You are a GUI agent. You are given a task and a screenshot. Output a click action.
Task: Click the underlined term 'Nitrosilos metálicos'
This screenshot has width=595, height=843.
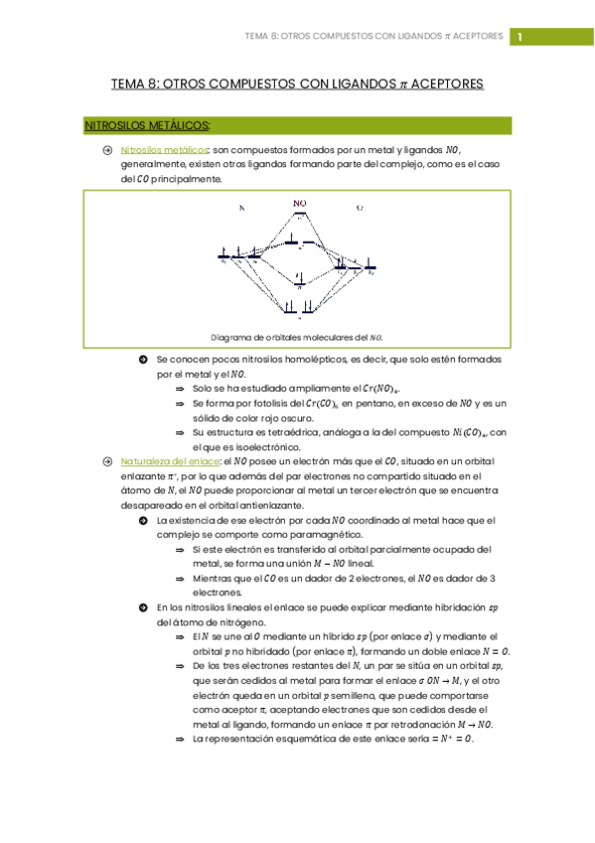(x=160, y=149)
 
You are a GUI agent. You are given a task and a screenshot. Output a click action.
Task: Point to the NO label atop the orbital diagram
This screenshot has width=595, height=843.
(x=299, y=203)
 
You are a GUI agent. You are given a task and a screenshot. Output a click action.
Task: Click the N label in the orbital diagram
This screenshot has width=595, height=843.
(x=240, y=209)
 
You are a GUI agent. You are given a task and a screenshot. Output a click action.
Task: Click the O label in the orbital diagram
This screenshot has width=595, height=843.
(x=360, y=209)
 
